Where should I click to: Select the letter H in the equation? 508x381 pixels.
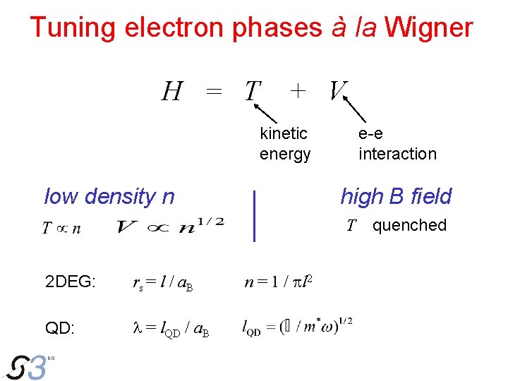(x=172, y=91)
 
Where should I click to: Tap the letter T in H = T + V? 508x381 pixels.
(x=252, y=91)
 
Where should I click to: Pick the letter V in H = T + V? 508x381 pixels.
(x=338, y=90)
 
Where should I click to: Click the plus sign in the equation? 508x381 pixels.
(x=298, y=90)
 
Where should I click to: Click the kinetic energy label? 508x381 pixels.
(x=284, y=143)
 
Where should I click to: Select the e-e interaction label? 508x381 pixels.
(x=397, y=143)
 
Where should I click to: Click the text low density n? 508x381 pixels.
(x=109, y=196)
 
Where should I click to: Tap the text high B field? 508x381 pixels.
(x=396, y=196)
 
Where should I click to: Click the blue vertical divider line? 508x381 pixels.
(x=255, y=214)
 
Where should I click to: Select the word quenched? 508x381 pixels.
(x=409, y=225)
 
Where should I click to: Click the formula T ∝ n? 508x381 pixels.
(x=62, y=228)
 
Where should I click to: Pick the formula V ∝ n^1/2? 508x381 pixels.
(x=170, y=226)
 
